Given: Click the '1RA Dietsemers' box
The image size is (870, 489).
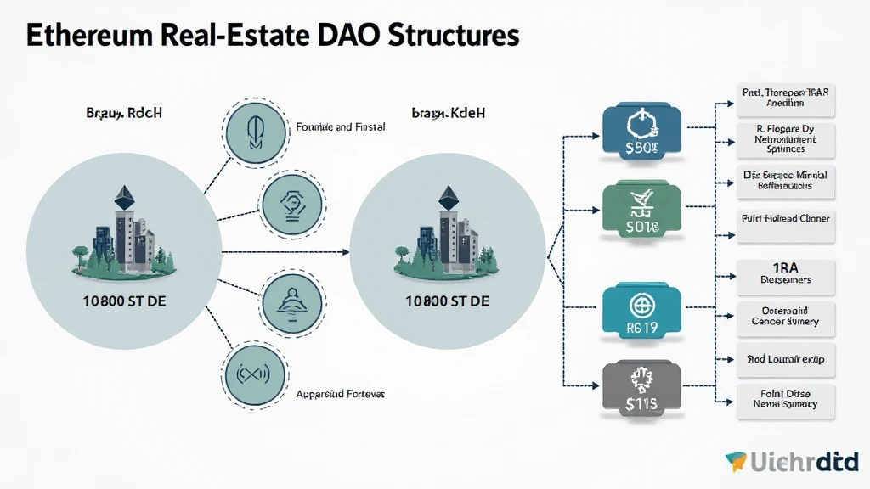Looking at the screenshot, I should (785, 273).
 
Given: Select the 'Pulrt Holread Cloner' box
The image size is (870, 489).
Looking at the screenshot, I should (785, 219).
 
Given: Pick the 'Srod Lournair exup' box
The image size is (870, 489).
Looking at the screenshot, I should (785, 360).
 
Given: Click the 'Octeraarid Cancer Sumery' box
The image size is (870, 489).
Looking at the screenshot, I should (785, 316).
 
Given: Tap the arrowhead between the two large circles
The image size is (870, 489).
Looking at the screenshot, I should (346, 252).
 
